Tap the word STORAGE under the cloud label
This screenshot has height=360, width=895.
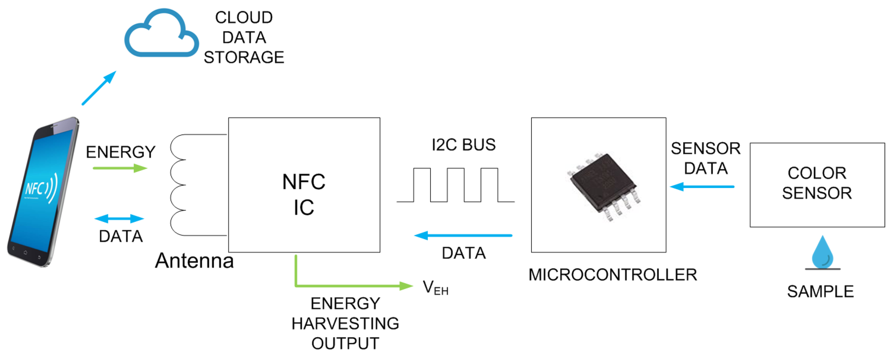click(244, 57)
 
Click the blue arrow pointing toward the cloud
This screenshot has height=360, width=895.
click(99, 88)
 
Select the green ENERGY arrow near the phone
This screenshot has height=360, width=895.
click(120, 168)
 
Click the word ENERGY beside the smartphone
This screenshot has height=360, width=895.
click(121, 152)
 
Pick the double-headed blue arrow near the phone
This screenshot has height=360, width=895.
click(119, 218)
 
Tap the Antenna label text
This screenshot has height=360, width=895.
click(194, 261)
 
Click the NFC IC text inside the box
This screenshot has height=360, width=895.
click(304, 194)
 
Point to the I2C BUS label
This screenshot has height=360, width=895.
click(463, 145)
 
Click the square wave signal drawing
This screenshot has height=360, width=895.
click(455, 185)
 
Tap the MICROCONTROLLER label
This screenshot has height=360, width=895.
click(612, 275)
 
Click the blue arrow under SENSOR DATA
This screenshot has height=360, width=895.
click(702, 187)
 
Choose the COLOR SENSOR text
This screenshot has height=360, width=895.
click(817, 183)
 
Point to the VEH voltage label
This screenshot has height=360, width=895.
click(435, 288)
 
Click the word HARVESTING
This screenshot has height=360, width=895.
click(345, 324)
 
